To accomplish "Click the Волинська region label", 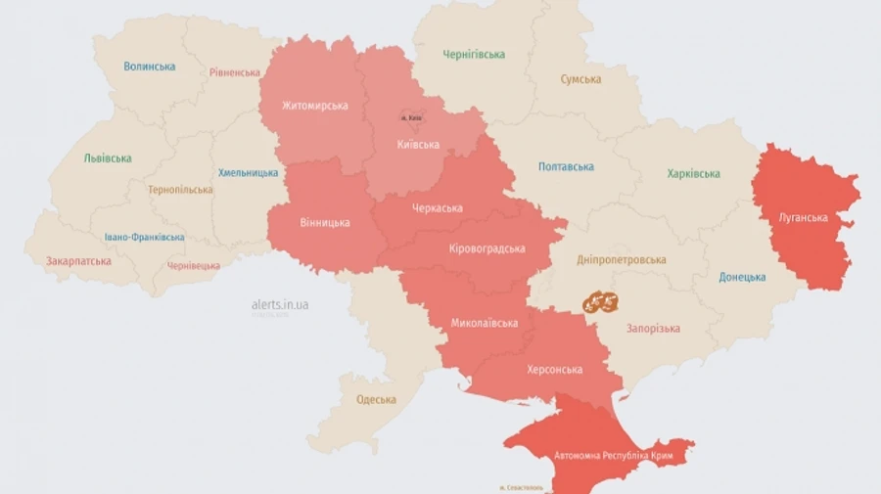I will click(150, 67).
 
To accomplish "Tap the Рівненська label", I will click(235, 72).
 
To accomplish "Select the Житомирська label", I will click(314, 106).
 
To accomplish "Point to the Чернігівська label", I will click(474, 55).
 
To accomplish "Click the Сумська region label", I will click(580, 79).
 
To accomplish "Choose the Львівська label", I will click(108, 158).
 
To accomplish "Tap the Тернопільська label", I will click(180, 190).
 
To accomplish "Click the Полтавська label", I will click(566, 166).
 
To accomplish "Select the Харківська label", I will click(693, 174).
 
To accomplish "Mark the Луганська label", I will click(803, 217).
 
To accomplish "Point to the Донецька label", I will click(742, 277).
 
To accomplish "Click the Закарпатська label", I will click(78, 261).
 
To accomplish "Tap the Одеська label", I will click(376, 399).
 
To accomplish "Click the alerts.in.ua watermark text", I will click(280, 305).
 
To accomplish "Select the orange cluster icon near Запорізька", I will click(601, 302).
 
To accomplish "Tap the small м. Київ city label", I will click(410, 117).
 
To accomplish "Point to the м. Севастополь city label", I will click(524, 487).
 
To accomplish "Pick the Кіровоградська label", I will click(487, 248).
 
